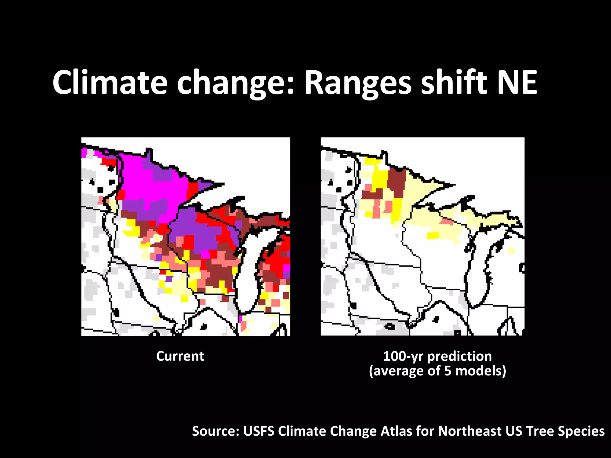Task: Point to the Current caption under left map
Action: (x=180, y=356)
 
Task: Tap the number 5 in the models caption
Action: (x=448, y=371)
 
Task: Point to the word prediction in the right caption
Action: (x=459, y=356)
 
